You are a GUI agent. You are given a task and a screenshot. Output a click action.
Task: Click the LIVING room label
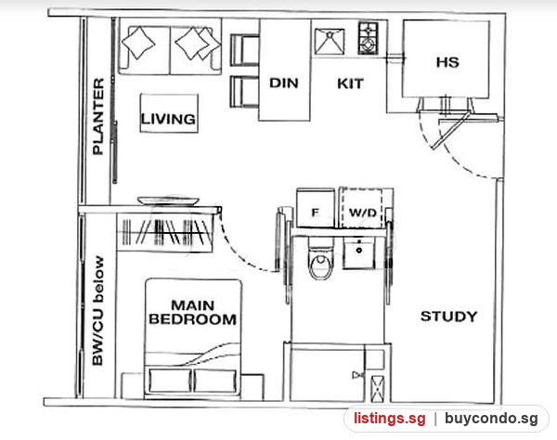(168, 119)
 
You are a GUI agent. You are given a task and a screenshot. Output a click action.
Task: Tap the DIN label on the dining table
(283, 84)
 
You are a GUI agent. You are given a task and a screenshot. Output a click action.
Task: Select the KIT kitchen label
(350, 84)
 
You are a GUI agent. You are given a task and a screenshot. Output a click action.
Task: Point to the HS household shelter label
(447, 62)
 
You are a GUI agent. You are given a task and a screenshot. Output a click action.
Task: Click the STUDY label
(448, 316)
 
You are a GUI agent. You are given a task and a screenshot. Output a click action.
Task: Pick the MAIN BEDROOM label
(193, 312)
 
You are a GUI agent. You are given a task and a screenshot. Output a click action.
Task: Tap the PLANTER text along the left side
(98, 116)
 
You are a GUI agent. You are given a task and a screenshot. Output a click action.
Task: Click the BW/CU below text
(98, 311)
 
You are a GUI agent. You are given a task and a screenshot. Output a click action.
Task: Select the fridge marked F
(316, 208)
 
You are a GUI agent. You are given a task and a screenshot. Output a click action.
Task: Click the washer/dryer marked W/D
(362, 208)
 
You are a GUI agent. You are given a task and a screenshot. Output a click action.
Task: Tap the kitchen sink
(330, 42)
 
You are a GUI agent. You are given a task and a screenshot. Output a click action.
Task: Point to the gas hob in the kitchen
(368, 38)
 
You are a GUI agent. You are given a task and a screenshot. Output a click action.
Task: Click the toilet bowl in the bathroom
(321, 259)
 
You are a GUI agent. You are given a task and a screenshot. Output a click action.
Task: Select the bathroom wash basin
(358, 252)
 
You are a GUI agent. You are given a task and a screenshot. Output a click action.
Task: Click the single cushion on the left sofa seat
(138, 43)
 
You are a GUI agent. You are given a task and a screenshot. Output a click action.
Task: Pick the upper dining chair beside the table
(244, 50)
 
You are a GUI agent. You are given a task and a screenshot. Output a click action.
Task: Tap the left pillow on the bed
(170, 381)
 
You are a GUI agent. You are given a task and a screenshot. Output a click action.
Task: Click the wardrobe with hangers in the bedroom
(165, 233)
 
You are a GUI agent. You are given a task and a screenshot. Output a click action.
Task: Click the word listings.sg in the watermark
(389, 419)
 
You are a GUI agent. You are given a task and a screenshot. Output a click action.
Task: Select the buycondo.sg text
(491, 419)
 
